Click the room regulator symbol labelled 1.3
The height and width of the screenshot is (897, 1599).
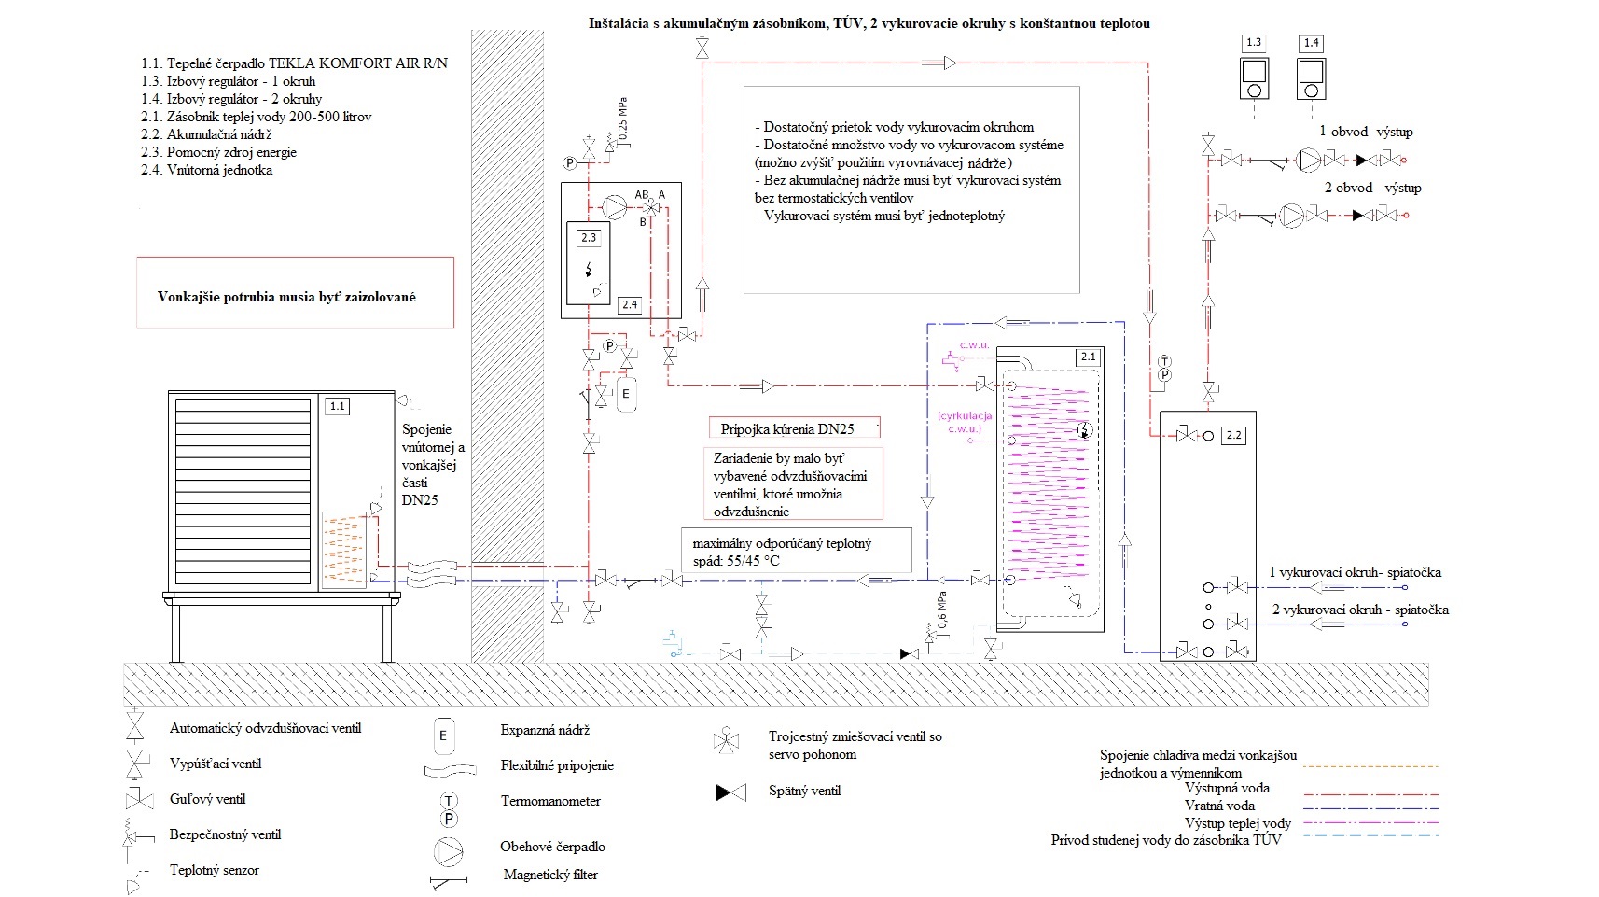click(1253, 78)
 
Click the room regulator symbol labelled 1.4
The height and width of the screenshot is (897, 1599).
click(1311, 78)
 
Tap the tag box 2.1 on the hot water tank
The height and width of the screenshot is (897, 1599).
click(1088, 357)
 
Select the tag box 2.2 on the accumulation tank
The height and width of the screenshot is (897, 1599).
click(1233, 435)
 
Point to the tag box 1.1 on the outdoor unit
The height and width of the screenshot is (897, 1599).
click(337, 406)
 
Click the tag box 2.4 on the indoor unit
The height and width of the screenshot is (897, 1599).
click(629, 304)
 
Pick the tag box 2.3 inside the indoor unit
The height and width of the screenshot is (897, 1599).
click(589, 238)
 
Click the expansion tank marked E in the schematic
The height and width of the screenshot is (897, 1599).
click(626, 393)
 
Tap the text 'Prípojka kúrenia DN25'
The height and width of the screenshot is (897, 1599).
click(787, 429)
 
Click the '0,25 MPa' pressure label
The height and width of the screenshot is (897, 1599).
click(623, 119)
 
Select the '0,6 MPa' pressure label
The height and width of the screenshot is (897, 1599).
click(943, 610)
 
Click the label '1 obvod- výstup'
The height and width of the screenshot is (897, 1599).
click(1366, 132)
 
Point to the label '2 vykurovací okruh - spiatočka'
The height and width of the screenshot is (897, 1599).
click(1360, 610)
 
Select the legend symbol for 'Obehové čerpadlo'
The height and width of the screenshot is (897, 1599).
click(449, 851)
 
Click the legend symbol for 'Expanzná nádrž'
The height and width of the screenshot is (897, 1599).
click(443, 736)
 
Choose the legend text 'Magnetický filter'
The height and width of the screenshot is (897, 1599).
click(550, 875)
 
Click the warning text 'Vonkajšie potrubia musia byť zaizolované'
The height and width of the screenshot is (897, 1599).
click(286, 297)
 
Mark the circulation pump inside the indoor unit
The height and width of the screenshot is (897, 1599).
click(614, 203)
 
